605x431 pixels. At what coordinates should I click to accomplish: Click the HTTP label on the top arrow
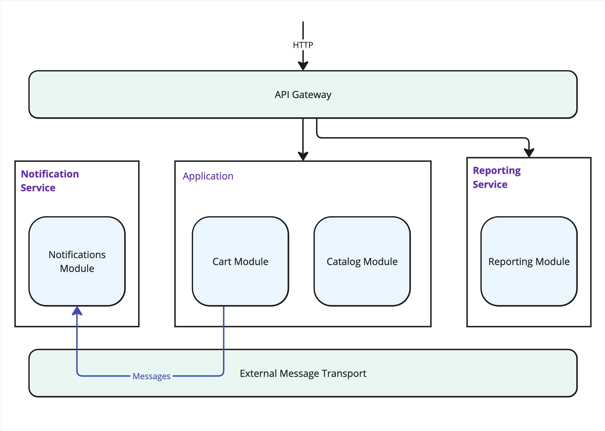pyautogui.click(x=303, y=45)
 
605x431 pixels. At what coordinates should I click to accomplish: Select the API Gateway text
pyautogui.click(x=303, y=95)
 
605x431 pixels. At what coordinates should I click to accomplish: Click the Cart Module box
pyautogui.click(x=240, y=261)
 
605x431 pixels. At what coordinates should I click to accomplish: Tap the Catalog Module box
pyautogui.click(x=362, y=261)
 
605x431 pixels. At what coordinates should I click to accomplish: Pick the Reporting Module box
pyautogui.click(x=529, y=261)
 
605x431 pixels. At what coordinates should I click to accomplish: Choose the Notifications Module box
pyautogui.click(x=77, y=261)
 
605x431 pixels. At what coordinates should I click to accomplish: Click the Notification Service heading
pyautogui.click(x=50, y=181)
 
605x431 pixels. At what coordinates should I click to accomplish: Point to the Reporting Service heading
pyautogui.click(x=497, y=177)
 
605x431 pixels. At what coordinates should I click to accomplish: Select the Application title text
pyautogui.click(x=208, y=176)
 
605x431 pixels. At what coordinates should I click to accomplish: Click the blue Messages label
pyautogui.click(x=151, y=376)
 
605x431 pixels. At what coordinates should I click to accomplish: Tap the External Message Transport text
pyautogui.click(x=303, y=373)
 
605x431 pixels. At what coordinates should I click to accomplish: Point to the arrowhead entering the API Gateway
pyautogui.click(x=303, y=66)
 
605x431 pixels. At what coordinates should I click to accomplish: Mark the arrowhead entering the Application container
pyautogui.click(x=303, y=156)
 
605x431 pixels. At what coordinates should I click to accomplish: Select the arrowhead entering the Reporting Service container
pyautogui.click(x=529, y=153)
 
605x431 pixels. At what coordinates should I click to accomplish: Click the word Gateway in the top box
pyautogui.click(x=312, y=95)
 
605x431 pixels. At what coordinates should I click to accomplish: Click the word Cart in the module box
pyautogui.click(x=222, y=262)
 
